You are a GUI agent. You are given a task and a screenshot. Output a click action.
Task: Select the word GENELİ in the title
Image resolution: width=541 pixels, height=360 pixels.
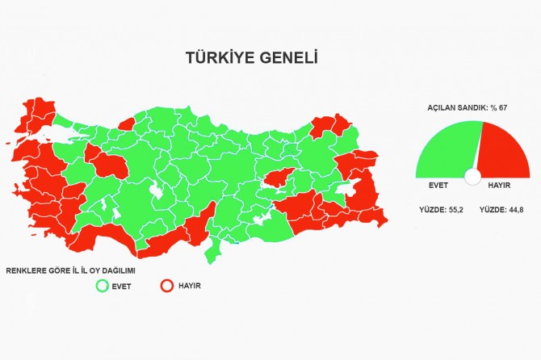(x=288, y=58)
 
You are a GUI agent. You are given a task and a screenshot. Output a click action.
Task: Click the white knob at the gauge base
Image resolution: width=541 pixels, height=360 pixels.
(x=473, y=177)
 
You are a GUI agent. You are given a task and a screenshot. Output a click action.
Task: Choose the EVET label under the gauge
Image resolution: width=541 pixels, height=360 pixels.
(x=438, y=186)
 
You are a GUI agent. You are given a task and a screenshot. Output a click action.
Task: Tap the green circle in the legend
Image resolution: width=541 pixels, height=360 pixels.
(x=102, y=285)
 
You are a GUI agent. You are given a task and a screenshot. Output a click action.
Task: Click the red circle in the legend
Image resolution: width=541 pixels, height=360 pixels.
(x=168, y=285)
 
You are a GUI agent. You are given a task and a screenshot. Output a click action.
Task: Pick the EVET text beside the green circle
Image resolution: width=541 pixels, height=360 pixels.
(x=123, y=286)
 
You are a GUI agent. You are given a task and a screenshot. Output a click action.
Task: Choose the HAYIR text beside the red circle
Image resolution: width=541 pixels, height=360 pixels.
(x=191, y=286)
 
